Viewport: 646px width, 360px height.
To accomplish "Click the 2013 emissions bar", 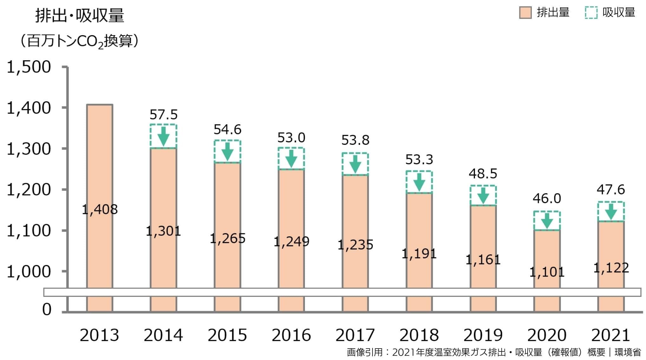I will pos(100,159).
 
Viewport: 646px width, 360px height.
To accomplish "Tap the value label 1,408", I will pos(100,210).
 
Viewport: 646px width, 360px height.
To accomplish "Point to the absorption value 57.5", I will pos(163,115).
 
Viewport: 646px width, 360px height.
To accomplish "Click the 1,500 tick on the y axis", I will pos(29,67).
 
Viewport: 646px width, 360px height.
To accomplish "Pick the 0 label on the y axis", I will pos(47,309).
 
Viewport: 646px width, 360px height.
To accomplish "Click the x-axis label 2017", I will pos(355,335).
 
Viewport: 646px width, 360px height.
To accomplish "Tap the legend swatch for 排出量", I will pos(525,13).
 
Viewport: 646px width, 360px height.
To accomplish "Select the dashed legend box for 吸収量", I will pos(591,13).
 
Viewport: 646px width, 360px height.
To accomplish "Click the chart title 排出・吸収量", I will pos(79,15).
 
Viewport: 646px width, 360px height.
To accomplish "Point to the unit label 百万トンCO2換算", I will pos(79,41).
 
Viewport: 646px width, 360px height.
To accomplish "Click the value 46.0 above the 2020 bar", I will pos(547,198).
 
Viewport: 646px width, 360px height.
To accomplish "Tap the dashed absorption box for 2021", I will pos(611,211).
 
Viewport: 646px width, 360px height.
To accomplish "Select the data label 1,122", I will pos(611,268).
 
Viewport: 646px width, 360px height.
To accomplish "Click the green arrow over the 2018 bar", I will pos(419,182).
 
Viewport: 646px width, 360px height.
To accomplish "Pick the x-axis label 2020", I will pos(547,335).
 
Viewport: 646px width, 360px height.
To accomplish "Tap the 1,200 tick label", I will pos(29,190).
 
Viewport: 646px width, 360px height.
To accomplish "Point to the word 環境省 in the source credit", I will pos(628,352).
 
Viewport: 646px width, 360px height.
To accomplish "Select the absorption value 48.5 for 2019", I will pos(483,174).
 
